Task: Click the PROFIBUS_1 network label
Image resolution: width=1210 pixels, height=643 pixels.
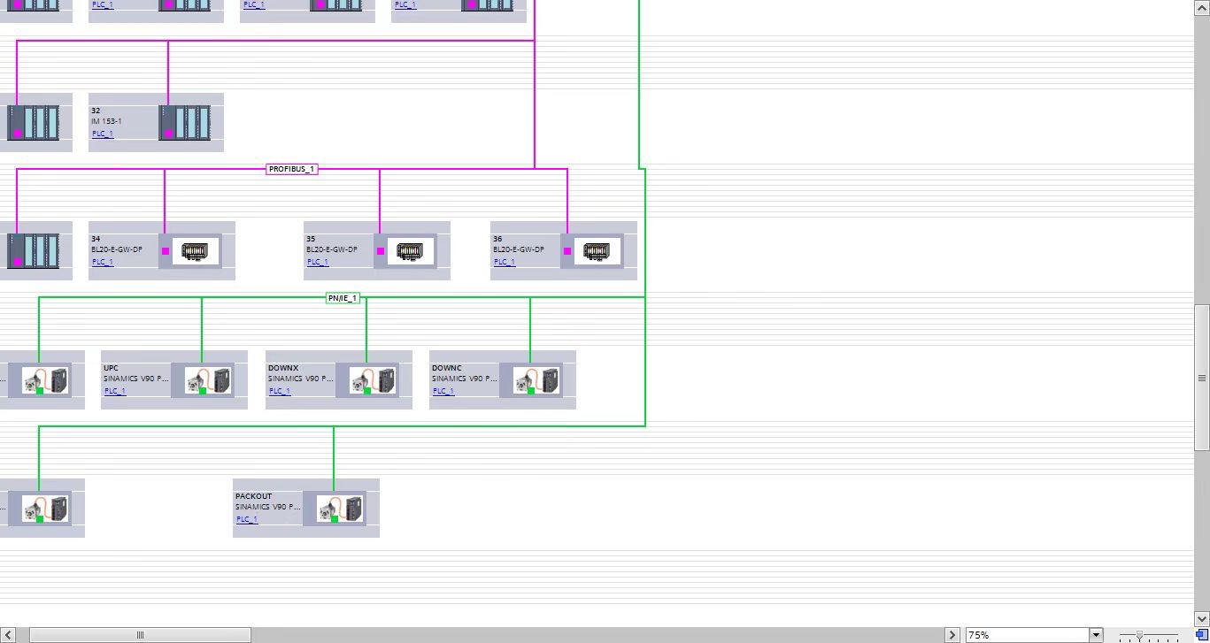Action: click(x=291, y=169)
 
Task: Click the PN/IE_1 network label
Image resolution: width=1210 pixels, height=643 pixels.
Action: click(x=343, y=298)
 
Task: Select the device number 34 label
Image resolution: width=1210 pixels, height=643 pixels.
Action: click(x=96, y=239)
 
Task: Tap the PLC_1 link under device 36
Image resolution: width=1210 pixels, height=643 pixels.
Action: click(x=504, y=262)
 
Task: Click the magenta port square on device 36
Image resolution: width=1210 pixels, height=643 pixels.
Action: click(x=567, y=251)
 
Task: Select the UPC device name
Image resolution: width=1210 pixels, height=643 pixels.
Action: click(x=111, y=368)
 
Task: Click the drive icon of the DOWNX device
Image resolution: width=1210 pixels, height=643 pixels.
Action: click(x=373, y=380)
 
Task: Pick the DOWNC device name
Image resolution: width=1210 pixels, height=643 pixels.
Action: click(x=447, y=368)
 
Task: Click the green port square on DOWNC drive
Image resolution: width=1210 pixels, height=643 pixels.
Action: click(x=531, y=390)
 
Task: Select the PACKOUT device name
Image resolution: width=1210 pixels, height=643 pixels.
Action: click(x=254, y=496)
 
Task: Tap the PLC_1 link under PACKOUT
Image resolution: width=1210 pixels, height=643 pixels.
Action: click(x=247, y=519)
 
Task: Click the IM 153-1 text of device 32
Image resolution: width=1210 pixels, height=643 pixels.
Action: click(x=106, y=121)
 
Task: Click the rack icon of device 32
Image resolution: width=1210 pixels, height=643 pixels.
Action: click(x=185, y=123)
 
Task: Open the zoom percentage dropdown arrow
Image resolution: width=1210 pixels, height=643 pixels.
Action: click(x=1096, y=635)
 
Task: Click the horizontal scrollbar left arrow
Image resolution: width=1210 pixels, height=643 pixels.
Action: click(x=9, y=635)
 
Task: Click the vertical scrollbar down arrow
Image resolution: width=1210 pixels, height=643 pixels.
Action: click(x=1202, y=618)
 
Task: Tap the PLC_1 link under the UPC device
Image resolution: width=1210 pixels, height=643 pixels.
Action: click(x=115, y=391)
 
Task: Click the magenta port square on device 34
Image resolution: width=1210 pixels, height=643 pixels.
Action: click(x=166, y=251)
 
